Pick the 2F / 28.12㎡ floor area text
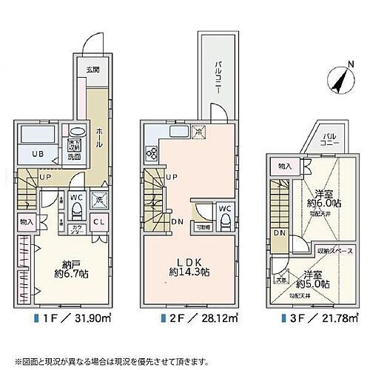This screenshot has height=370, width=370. (192, 320)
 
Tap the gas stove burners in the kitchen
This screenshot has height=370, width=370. (152, 153)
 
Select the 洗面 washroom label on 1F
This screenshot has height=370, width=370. (75, 157)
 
